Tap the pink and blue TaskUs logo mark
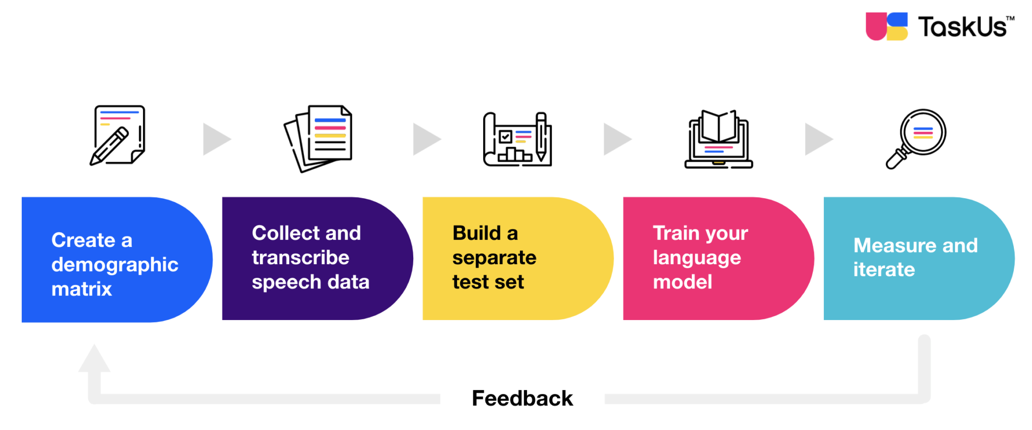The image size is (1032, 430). (886, 26)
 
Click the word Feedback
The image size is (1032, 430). (522, 398)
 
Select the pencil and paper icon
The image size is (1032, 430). (118, 135)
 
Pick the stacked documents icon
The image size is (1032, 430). (318, 138)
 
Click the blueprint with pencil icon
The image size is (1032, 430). (518, 140)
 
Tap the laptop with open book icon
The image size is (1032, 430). (719, 140)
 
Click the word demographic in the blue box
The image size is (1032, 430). (115, 265)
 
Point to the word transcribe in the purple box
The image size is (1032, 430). (300, 258)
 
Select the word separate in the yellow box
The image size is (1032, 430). (494, 258)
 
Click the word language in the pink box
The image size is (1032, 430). (696, 258)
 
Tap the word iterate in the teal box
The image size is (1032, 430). (884, 269)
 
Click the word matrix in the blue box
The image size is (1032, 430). (82, 289)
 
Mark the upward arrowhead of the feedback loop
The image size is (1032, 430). (94, 359)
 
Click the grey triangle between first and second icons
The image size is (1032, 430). (216, 139)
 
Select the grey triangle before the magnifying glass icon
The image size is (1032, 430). (817, 139)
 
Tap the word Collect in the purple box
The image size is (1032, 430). (285, 233)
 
